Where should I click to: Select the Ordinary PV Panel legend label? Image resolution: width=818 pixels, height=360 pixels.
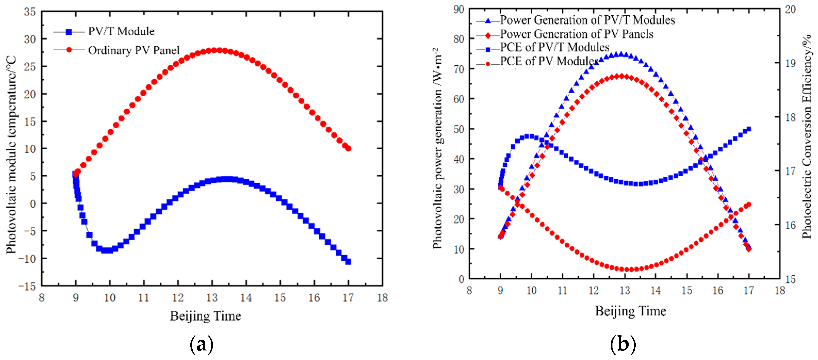[x=134, y=50]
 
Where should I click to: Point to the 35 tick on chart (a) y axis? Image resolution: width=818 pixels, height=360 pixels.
[x=30, y=12]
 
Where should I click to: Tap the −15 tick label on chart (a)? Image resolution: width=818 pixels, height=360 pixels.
[x=27, y=286]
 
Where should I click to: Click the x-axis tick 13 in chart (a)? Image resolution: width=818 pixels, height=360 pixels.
[x=212, y=298]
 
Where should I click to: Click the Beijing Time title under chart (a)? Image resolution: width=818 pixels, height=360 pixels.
[x=206, y=316]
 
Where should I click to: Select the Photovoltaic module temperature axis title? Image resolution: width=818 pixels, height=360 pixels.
[x=11, y=155]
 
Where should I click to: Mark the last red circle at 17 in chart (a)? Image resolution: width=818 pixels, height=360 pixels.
[x=348, y=148]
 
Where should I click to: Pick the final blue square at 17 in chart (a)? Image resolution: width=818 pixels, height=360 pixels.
[x=348, y=261]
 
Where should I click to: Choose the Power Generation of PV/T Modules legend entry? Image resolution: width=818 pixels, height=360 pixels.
[x=587, y=20]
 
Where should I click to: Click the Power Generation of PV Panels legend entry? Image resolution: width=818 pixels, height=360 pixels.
[x=577, y=34]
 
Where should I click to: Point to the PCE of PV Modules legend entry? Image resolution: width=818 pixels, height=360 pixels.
[x=549, y=61]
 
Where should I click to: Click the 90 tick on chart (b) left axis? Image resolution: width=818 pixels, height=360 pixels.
[x=459, y=10]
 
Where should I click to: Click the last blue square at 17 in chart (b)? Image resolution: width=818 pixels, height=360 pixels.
[x=749, y=129]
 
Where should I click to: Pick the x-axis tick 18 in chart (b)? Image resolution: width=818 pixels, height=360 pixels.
[x=780, y=290]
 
